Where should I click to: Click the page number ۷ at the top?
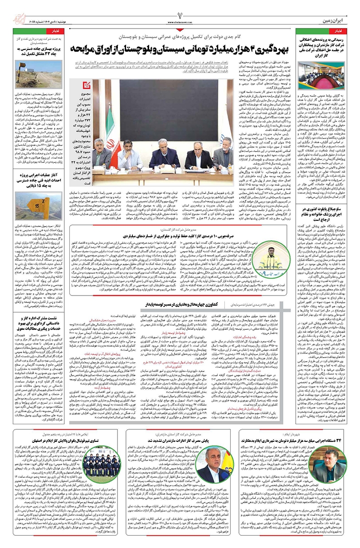pyautogui.click(x=180, y=10)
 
